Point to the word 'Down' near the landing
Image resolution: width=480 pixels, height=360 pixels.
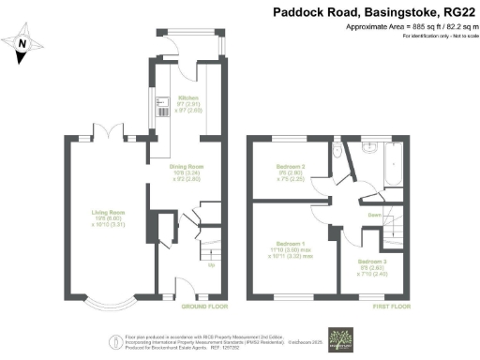pyautogui.click(x=372, y=215)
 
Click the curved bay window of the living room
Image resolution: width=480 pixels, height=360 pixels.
pyautogui.click(x=108, y=301)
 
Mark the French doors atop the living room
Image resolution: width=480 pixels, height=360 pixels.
pyautogui.click(x=110, y=134)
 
